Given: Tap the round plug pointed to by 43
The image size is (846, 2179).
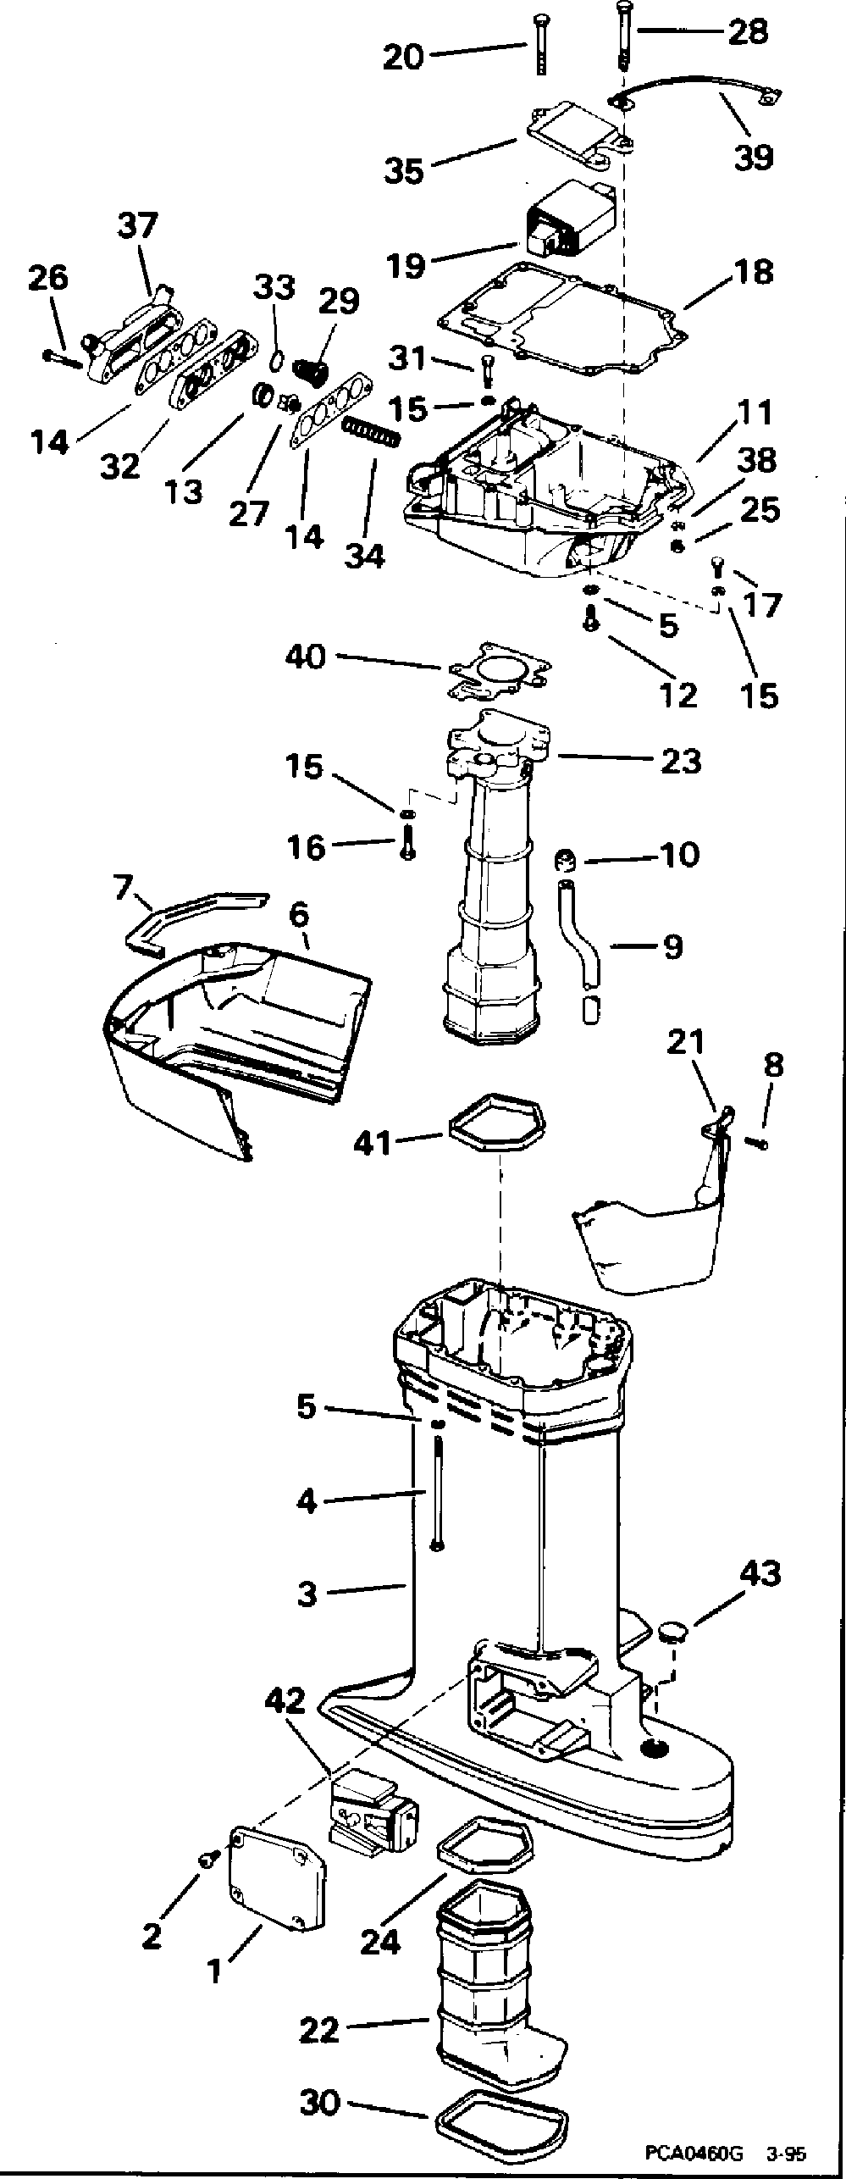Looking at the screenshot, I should click(x=673, y=1631).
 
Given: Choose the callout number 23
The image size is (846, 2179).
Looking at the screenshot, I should click(x=682, y=761).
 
